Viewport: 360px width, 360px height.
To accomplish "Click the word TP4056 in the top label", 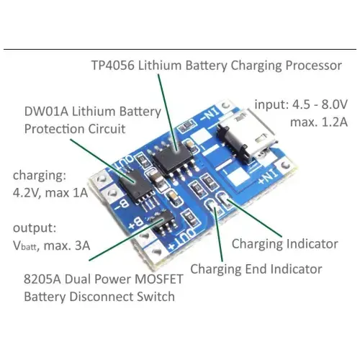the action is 112,66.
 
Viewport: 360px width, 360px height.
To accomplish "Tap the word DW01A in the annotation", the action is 46,112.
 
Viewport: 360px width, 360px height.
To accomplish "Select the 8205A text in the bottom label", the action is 42,279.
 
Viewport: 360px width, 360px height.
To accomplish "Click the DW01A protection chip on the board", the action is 135,186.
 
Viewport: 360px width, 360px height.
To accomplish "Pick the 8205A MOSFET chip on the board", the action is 163,222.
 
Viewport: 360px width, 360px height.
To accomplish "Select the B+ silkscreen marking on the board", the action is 136,224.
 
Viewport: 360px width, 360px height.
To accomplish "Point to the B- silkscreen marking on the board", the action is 122,204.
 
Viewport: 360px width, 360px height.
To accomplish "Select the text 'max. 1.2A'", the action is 319,122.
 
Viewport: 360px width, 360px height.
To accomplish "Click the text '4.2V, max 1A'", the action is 50,193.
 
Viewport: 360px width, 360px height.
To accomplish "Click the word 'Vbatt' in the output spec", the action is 25,246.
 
